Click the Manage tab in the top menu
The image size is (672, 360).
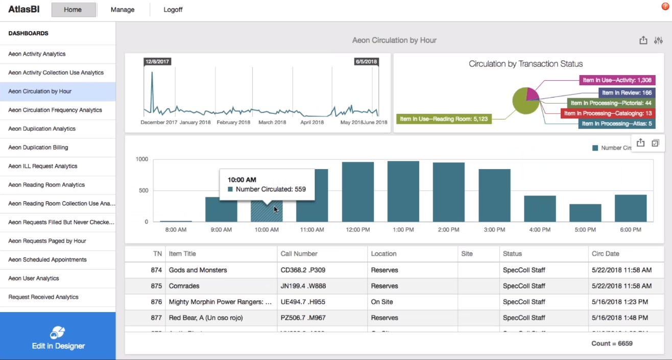(x=123, y=10)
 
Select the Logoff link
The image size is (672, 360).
(x=173, y=10)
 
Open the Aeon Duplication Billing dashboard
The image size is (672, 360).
(x=38, y=148)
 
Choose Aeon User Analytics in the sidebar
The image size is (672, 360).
(x=34, y=278)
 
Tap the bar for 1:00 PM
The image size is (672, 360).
(x=403, y=191)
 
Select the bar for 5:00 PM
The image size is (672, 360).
(x=585, y=213)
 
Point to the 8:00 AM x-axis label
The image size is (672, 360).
(x=176, y=230)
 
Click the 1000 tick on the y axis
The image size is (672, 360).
(x=141, y=159)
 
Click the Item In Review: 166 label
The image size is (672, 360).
(x=627, y=93)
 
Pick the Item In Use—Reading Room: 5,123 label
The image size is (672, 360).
(x=444, y=119)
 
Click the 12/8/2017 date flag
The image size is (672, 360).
(x=157, y=62)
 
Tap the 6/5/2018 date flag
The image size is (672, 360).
(x=366, y=62)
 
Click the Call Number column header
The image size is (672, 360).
(x=299, y=254)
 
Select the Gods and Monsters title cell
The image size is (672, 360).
(x=198, y=270)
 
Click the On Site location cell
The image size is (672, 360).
(x=382, y=302)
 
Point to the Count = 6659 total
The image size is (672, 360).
(x=612, y=344)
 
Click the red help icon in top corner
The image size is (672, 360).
(x=665, y=6)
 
